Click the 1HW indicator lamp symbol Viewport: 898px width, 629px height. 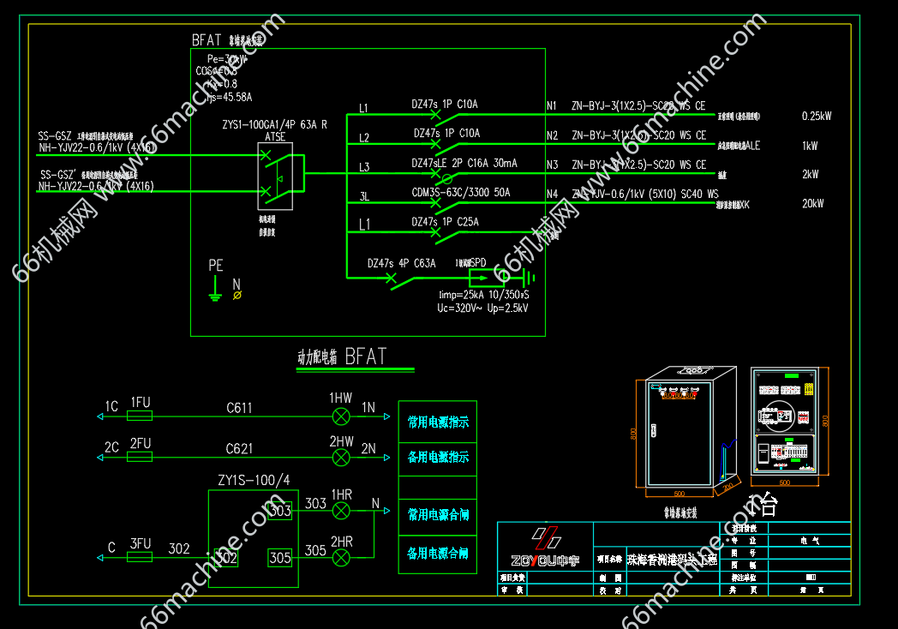point(341,416)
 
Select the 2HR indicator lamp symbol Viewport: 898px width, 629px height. point(341,558)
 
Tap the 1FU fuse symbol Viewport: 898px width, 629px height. point(140,416)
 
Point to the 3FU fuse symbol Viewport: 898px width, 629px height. point(140,557)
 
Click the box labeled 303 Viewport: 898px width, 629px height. point(280,511)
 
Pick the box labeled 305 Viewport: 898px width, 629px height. point(280,557)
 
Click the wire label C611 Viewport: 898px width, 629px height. point(239,409)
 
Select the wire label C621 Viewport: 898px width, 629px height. point(239,449)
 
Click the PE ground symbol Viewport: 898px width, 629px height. point(216,292)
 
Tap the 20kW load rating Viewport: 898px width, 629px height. point(812,204)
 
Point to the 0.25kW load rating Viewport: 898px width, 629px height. point(817,116)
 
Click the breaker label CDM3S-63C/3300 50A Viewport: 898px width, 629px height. point(460,193)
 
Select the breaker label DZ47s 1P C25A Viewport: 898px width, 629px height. point(445,222)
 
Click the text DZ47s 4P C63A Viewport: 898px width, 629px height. point(401,264)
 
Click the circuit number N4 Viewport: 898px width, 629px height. point(552,195)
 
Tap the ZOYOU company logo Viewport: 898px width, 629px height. point(545,548)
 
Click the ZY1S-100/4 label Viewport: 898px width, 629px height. point(254,481)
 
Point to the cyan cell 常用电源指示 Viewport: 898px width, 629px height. point(438,422)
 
